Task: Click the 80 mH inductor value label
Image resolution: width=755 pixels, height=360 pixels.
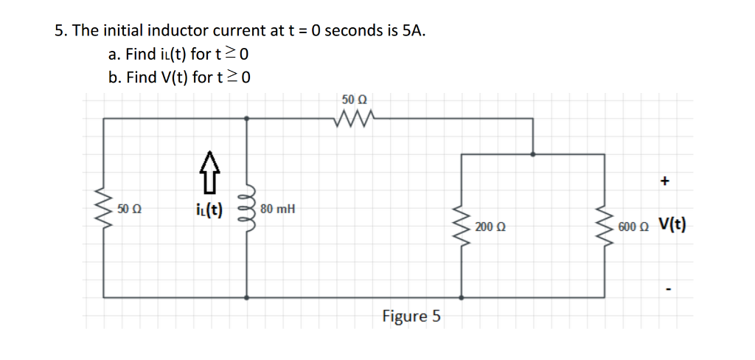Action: (x=278, y=210)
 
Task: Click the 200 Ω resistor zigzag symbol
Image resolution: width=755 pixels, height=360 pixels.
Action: (x=462, y=226)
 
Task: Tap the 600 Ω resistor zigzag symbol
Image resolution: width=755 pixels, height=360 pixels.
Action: (x=605, y=226)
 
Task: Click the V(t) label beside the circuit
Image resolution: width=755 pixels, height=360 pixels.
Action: (x=672, y=225)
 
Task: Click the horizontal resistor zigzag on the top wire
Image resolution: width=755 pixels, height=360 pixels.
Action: (x=355, y=117)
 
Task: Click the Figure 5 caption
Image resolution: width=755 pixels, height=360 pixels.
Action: (x=411, y=316)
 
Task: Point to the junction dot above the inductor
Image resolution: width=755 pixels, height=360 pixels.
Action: (x=246, y=117)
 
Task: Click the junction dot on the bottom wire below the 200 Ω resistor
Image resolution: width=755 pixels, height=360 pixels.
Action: (x=462, y=298)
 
